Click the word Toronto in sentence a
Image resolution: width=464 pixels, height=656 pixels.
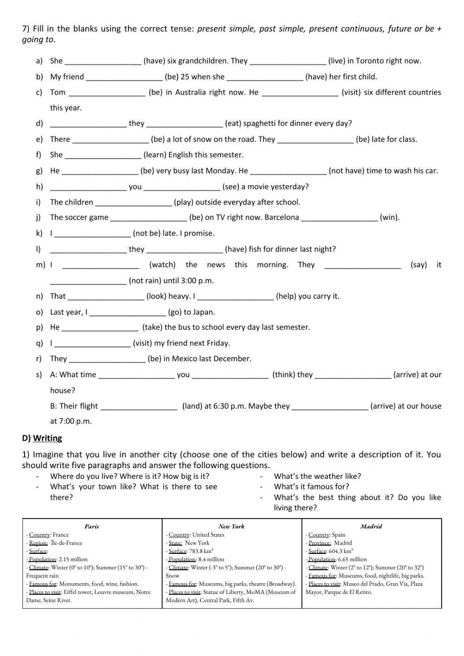(x=373, y=61)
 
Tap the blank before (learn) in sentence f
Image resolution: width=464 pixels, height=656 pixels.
(x=103, y=155)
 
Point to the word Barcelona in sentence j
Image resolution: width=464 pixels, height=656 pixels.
(x=282, y=217)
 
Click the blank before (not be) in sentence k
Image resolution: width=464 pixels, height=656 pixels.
(x=93, y=233)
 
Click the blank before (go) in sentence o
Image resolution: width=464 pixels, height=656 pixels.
(x=127, y=312)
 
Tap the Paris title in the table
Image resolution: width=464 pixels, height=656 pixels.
(x=91, y=526)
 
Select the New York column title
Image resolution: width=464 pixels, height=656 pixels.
(x=231, y=526)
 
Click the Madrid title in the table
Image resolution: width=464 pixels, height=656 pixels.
(x=371, y=526)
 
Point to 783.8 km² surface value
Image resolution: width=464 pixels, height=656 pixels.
(x=201, y=551)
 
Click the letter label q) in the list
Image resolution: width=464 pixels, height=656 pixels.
(x=39, y=343)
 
